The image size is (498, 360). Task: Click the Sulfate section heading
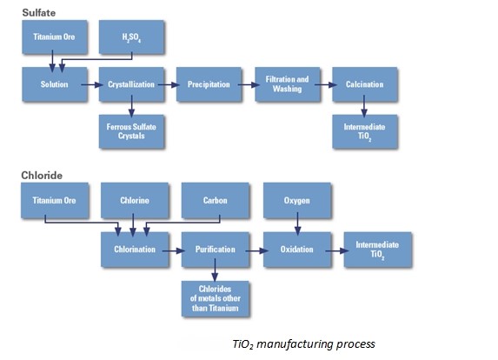click(39, 13)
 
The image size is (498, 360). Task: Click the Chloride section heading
click(42, 176)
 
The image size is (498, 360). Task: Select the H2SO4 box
click(131, 37)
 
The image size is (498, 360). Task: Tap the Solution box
click(55, 84)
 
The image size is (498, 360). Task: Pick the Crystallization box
click(131, 84)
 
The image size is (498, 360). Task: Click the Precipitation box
click(209, 84)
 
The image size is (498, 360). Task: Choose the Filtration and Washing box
click(288, 84)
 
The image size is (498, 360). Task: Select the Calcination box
click(365, 84)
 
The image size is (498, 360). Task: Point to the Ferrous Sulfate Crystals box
click(131, 131)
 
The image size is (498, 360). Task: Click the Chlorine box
click(135, 201)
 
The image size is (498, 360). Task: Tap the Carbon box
click(216, 201)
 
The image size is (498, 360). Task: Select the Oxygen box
click(297, 201)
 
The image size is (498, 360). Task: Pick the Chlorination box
click(135, 250)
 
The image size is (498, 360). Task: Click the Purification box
click(216, 250)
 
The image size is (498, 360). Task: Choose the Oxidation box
click(297, 250)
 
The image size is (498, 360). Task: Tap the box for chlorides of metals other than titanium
click(216, 298)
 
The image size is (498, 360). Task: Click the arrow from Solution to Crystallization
click(92, 85)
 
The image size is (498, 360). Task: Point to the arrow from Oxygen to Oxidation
click(297, 224)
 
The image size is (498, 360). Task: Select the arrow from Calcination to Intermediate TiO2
click(364, 106)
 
